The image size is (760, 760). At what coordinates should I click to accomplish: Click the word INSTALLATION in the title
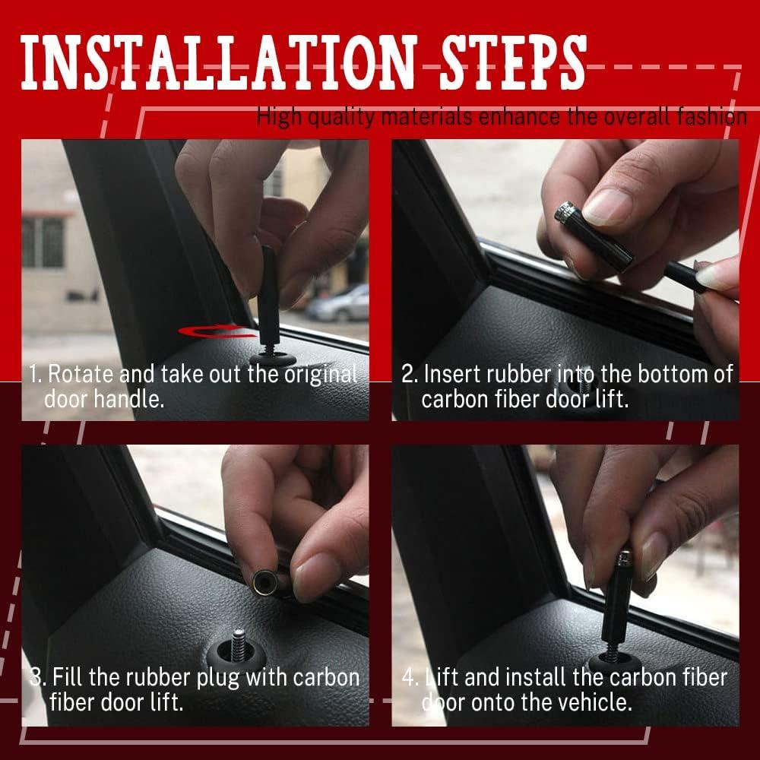(x=217, y=63)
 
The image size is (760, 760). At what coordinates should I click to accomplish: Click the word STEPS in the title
(x=513, y=63)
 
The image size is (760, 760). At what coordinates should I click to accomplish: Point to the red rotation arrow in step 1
(x=217, y=331)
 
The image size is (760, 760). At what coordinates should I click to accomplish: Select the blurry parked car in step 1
(x=338, y=303)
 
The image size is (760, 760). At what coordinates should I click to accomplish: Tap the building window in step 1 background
(x=43, y=242)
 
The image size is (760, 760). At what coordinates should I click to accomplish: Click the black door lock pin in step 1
(x=269, y=296)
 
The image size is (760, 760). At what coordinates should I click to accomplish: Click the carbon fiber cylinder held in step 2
(x=594, y=235)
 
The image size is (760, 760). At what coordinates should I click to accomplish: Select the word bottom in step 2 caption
(x=677, y=374)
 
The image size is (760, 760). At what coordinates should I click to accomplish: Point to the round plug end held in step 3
(x=265, y=581)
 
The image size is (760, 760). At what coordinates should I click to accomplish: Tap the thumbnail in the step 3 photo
(x=315, y=577)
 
